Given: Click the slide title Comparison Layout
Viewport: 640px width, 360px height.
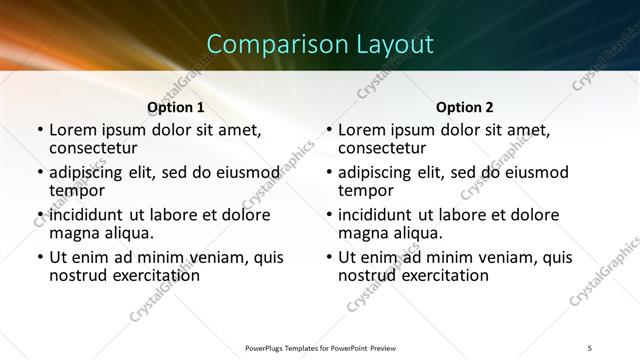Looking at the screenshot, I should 320,45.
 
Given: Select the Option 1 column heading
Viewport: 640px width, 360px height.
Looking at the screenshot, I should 176,107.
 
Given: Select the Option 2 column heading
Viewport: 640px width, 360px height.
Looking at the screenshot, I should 465,107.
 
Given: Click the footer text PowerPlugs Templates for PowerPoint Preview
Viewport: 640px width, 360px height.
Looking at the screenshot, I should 320,346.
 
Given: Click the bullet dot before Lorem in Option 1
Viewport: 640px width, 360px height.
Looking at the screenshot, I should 40,130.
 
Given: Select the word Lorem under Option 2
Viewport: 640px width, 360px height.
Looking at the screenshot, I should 361,129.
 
